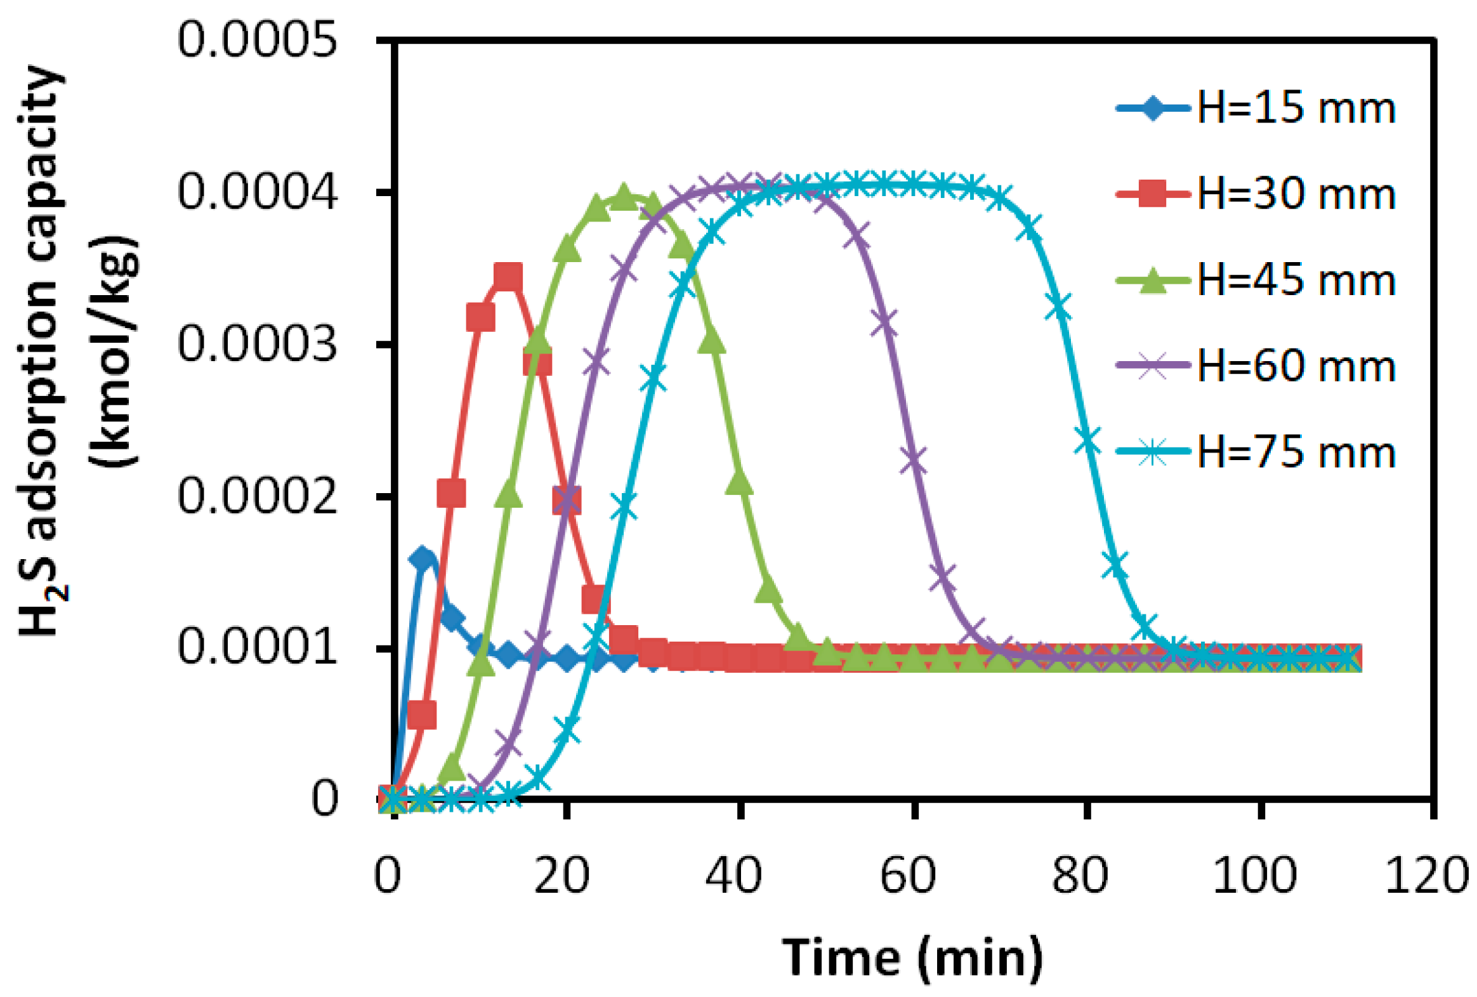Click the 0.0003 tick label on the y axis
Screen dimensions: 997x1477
pyautogui.click(x=257, y=344)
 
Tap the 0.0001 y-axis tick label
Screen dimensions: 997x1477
pyautogui.click(x=257, y=647)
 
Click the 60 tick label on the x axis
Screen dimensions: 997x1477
pyautogui.click(x=907, y=876)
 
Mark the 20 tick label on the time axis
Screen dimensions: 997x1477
pyautogui.click(x=561, y=876)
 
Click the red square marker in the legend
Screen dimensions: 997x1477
pyautogui.click(x=1152, y=194)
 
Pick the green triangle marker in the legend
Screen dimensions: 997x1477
pyautogui.click(x=1152, y=281)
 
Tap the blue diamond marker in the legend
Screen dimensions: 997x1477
pyautogui.click(x=1152, y=108)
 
